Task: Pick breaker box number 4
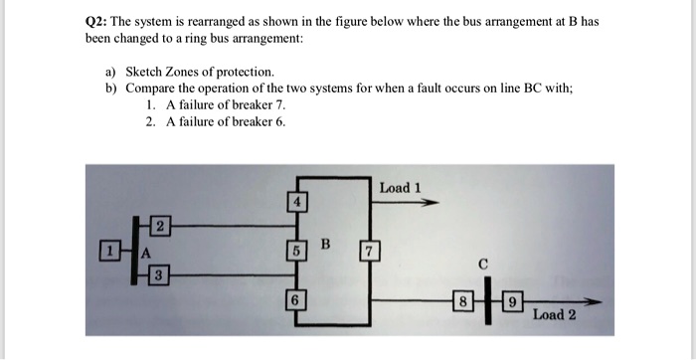[294, 202]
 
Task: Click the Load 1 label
[401, 187]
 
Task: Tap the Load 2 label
[554, 315]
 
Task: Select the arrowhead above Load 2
[595, 297]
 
